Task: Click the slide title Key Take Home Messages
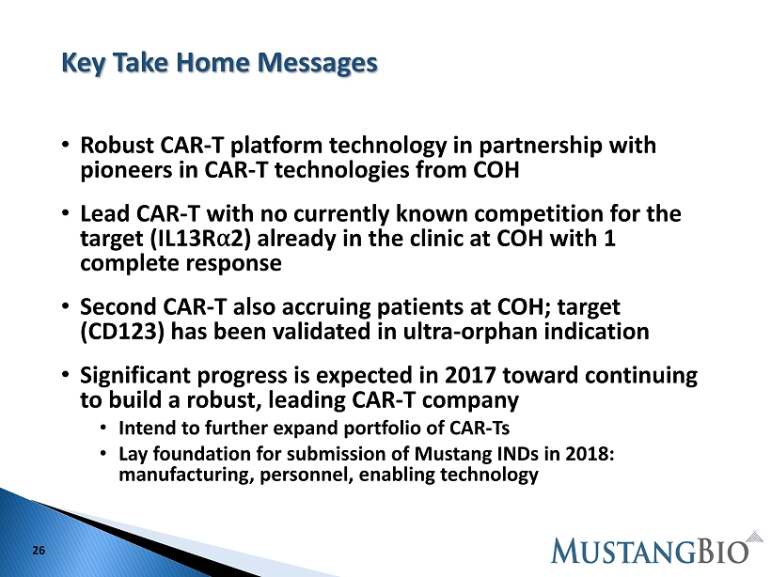pos(219,63)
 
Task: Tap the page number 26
pos(39,550)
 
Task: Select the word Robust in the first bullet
pos(117,145)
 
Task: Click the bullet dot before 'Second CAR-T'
pos(66,305)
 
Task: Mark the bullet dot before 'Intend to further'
pos(103,428)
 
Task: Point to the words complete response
pos(181,263)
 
